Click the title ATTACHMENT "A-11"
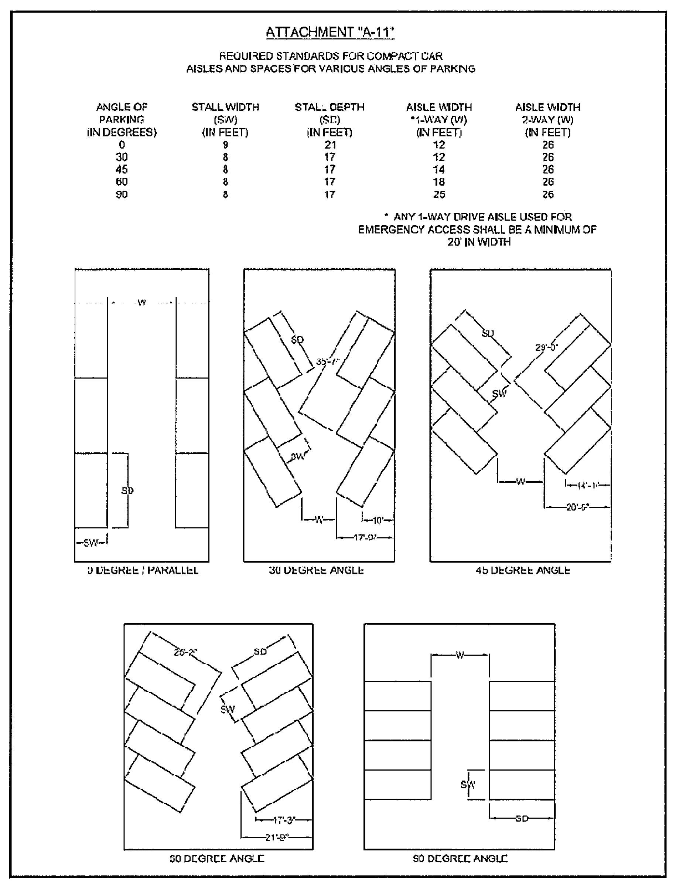330,32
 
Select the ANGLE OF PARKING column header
122,119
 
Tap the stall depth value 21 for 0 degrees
330,145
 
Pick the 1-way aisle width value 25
439,194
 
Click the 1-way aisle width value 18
439,182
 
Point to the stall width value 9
225,145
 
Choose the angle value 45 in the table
122,170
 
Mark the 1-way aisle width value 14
439,170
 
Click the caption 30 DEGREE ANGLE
316,570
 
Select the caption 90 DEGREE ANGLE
460,859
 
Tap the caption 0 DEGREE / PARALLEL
143,570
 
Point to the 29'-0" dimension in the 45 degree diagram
546,347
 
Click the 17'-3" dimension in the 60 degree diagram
284,820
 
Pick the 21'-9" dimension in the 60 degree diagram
277,837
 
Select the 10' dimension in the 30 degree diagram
378,520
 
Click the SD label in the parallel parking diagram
127,490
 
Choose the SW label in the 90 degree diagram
468,784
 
